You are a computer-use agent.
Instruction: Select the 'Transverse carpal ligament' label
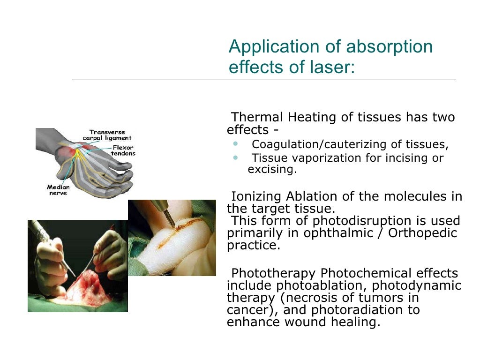tap(107, 135)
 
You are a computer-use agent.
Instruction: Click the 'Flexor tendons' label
tap(123, 150)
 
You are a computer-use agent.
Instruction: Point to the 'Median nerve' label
tap(58, 190)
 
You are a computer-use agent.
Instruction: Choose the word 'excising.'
tap(272, 170)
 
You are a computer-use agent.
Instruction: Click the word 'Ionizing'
tap(256, 196)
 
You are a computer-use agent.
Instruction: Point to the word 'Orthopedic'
tap(427, 233)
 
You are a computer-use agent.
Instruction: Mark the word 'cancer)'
tap(251, 310)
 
